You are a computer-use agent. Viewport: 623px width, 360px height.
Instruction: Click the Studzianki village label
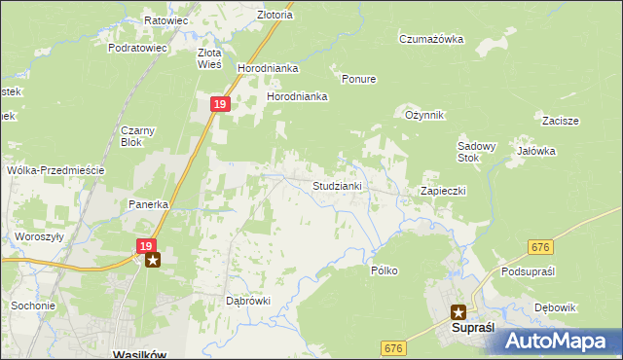337,185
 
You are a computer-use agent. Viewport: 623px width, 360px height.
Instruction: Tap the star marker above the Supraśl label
458,312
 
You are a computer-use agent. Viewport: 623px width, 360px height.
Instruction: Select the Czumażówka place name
431,40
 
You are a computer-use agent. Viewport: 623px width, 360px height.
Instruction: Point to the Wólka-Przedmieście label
55,169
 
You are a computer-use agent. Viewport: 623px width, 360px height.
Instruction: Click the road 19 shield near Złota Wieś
220,104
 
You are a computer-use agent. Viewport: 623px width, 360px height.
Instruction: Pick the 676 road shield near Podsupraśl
541,249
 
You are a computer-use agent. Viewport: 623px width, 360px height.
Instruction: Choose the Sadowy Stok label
477,152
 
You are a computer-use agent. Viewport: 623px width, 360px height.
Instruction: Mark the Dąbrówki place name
247,301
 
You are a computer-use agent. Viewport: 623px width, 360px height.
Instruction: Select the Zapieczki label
443,191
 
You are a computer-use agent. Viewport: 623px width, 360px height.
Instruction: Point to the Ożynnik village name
424,115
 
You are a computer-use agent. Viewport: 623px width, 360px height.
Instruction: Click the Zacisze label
561,121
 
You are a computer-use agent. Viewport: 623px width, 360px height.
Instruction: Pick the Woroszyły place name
39,236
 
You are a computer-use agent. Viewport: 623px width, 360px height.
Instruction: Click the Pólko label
385,270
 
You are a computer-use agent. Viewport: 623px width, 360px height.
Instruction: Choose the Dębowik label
556,307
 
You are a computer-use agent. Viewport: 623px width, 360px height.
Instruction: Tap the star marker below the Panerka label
152,261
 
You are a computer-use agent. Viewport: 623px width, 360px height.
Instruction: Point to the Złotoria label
247,15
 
